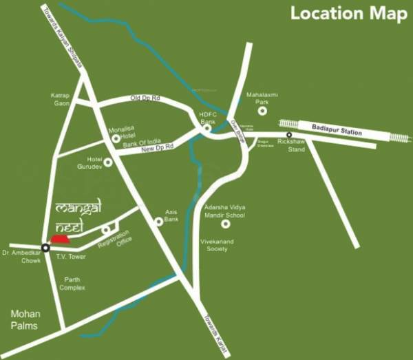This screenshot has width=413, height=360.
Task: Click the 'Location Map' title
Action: pos(347,13)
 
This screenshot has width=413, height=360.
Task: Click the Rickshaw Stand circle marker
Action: pos(290,135)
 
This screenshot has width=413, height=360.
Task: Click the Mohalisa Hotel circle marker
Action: pos(116,138)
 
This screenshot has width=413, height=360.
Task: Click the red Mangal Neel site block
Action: pos(61,238)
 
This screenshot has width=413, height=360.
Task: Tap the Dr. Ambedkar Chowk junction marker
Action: pos(45,247)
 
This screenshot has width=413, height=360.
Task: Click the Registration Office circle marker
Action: pos(106,230)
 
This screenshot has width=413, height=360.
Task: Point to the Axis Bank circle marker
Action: pos(159,221)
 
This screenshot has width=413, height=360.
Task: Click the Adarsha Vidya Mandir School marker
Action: pos(225,224)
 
